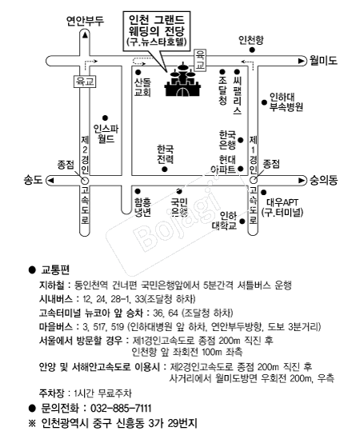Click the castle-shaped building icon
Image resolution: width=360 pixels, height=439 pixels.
pyautogui.click(x=183, y=80)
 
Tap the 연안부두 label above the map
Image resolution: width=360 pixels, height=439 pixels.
pyautogui.click(x=85, y=21)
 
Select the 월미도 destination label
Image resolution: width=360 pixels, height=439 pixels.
pyautogui.click(x=323, y=61)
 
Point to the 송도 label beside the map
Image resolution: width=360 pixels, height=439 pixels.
pyautogui.click(x=33, y=180)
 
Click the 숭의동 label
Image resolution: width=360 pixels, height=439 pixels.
pyautogui.click(x=323, y=180)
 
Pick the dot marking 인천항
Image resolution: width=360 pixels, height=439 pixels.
pyautogui.click(x=252, y=50)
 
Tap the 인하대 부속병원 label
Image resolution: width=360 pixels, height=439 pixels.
pyautogui.click(x=286, y=102)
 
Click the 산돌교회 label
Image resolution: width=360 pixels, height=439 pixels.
pyautogui.click(x=143, y=87)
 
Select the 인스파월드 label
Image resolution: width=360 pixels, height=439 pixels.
pyautogui.click(x=106, y=134)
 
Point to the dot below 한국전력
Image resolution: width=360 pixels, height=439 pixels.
pyautogui.click(x=165, y=170)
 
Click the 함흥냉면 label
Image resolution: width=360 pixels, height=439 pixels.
pyautogui.click(x=143, y=207)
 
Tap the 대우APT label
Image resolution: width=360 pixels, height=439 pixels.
pyautogui.click(x=282, y=202)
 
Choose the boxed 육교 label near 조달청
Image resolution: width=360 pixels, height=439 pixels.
pyautogui.click(x=200, y=60)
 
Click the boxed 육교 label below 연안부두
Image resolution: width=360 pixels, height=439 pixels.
pyautogui.click(x=85, y=82)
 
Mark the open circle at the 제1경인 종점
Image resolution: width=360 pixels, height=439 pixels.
pyautogui.click(x=254, y=180)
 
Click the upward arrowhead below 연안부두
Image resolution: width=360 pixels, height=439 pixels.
pyautogui.click(x=85, y=34)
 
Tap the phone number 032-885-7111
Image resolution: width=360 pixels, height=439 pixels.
pyautogui.click(x=121, y=408)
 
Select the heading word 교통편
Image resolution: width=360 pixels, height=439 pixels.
pyautogui.click(x=55, y=269)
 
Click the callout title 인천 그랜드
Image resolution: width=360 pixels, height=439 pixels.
pyautogui.click(x=157, y=20)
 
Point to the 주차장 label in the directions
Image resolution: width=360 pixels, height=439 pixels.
pyautogui.click(x=51, y=393)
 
